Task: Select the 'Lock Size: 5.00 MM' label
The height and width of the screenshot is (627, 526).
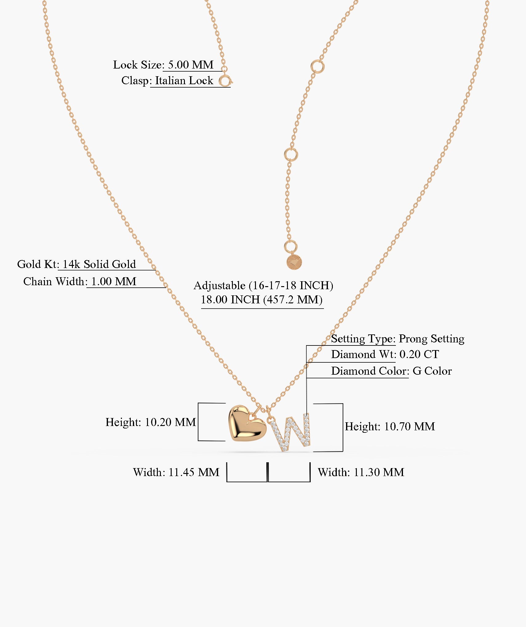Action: [163, 65]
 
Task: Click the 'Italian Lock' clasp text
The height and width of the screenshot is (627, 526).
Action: [184, 81]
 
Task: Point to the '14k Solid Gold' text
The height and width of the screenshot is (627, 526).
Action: [99, 264]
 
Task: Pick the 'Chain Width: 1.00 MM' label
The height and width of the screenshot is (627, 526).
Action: [80, 282]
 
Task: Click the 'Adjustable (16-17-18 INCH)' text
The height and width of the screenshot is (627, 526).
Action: [263, 286]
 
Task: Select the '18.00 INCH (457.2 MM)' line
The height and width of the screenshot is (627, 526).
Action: [261, 300]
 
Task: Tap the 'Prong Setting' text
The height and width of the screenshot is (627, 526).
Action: [432, 339]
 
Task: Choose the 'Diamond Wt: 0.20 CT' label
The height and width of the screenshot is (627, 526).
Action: [385, 354]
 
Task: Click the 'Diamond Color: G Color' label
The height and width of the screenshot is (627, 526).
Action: [391, 371]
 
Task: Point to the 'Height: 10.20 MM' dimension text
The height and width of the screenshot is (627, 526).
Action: [151, 422]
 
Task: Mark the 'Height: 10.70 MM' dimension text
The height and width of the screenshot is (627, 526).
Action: [390, 427]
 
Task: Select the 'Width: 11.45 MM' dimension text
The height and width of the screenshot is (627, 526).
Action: [176, 472]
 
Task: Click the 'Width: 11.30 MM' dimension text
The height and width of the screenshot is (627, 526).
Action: [361, 472]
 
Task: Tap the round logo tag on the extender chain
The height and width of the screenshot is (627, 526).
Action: [294, 262]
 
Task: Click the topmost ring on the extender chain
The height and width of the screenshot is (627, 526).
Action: [317, 66]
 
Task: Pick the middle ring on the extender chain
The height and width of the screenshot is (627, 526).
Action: [291, 154]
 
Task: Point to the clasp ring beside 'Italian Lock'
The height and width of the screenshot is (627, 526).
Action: [225, 81]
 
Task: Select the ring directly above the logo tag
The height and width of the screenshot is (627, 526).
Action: [291, 246]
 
